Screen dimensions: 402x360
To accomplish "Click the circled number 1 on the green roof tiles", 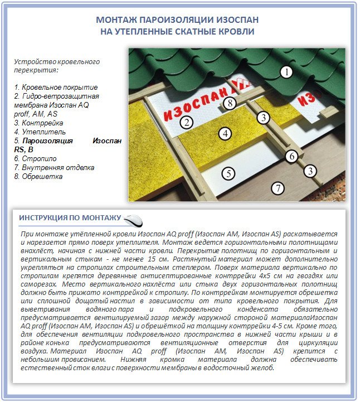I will tap(286, 72).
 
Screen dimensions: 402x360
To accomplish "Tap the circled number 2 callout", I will tap(187, 122).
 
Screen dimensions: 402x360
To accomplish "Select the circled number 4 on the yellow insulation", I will tap(225, 134).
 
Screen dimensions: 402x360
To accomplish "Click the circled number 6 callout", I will tap(290, 156).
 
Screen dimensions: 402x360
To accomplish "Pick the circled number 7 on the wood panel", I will tap(277, 188).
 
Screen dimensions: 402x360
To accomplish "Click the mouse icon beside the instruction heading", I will tap(134, 220).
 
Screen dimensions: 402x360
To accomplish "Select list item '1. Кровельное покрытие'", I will tap(56, 88).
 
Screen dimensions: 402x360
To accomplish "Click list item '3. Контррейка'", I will tap(38, 122).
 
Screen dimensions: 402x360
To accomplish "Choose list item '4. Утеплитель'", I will tap(40, 132).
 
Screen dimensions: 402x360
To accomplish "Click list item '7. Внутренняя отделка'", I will tap(54, 167).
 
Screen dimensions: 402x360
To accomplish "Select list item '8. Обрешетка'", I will tap(38, 176).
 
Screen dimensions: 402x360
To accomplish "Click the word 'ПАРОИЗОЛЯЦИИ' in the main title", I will tap(169, 20).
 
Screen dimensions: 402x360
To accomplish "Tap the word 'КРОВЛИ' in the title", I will tap(236, 32).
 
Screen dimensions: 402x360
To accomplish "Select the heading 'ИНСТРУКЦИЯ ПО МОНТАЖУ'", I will tap(70, 217).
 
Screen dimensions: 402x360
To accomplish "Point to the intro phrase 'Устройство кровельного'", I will tap(56, 62).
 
